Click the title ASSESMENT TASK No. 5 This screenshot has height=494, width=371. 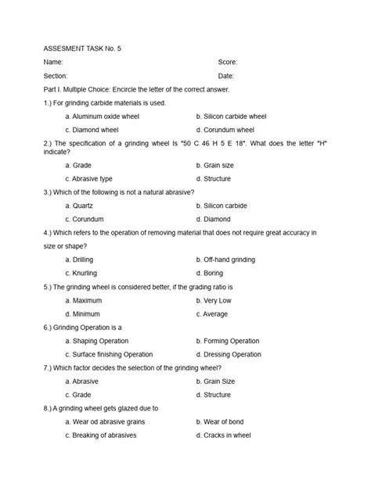coord(82,48)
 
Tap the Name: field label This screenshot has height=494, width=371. coord(53,62)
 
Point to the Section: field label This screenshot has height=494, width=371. coord(56,76)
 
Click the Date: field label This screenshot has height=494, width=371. coord(226,76)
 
